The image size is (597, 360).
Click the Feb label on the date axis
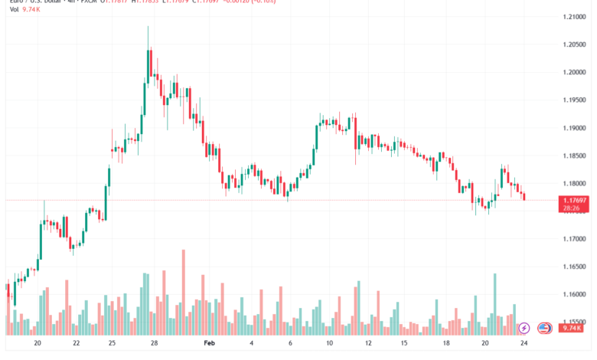[210, 345]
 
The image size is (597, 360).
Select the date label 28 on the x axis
[154, 345]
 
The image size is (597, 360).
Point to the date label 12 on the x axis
[369, 345]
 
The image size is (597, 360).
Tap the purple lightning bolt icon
[524, 328]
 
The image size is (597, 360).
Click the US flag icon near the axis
[544, 328]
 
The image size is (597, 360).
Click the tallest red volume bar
[184, 291]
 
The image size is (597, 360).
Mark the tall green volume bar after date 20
[495, 303]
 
